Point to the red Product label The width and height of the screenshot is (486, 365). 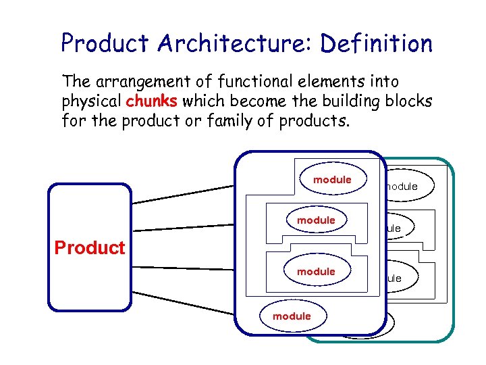click(x=90, y=248)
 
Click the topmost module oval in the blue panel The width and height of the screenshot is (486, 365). click(x=332, y=180)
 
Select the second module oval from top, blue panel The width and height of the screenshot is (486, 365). click(x=316, y=220)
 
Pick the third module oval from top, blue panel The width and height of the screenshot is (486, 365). click(x=316, y=272)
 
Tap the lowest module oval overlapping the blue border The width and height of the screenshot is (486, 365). click(x=292, y=316)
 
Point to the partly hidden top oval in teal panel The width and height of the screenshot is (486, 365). click(x=408, y=186)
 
